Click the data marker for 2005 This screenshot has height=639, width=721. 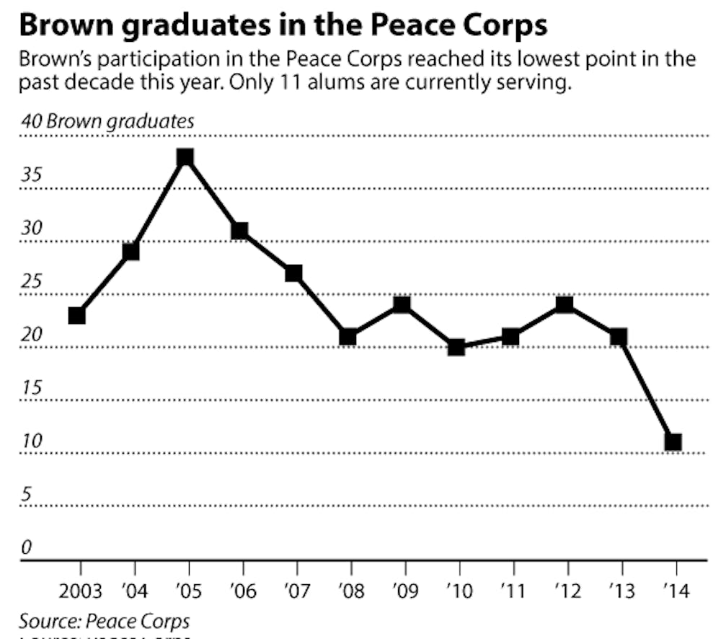click(185, 157)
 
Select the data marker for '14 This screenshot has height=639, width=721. click(673, 442)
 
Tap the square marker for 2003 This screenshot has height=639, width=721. click(77, 315)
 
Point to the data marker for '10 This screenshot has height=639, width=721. click(456, 347)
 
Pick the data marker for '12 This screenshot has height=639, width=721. click(565, 304)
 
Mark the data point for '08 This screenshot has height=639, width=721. click(348, 337)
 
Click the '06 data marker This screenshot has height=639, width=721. click(239, 231)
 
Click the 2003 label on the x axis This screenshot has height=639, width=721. click(79, 591)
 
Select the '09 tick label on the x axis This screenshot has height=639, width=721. click(402, 591)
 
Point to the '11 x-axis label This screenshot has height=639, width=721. click(510, 591)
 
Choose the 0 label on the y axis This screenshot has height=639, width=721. click(26, 547)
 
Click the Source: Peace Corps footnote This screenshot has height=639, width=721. click(104, 622)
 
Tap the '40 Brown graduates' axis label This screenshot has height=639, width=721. click(107, 120)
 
